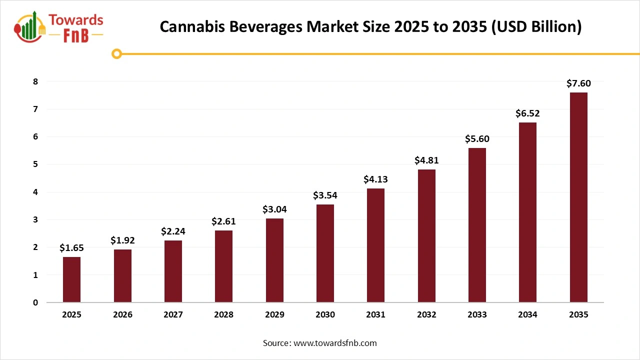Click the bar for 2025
71,279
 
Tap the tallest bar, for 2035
578,197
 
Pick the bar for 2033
477,225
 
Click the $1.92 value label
122,240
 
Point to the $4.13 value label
375,179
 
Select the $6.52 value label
527,113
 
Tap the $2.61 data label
223,221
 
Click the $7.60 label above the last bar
578,83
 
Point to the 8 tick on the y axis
35,81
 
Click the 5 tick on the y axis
35,164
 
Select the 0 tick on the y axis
35,302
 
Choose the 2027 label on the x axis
173,315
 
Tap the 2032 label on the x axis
426,315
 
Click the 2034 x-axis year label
527,315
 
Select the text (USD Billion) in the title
536,26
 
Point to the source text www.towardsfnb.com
334,343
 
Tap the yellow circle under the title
117,53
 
